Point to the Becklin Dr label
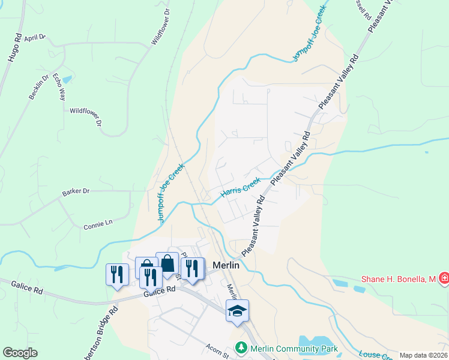37,88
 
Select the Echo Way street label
58,86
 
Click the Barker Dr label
76,191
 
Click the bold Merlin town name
226,265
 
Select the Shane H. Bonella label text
398,279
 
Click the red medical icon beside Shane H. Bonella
444,278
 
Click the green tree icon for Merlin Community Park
241,348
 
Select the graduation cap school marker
237,310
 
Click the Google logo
20,352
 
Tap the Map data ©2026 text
423,355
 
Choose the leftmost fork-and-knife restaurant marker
116,274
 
